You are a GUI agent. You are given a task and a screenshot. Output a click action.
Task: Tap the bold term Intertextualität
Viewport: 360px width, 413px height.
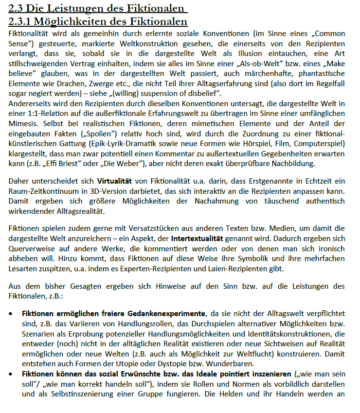[197, 239]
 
